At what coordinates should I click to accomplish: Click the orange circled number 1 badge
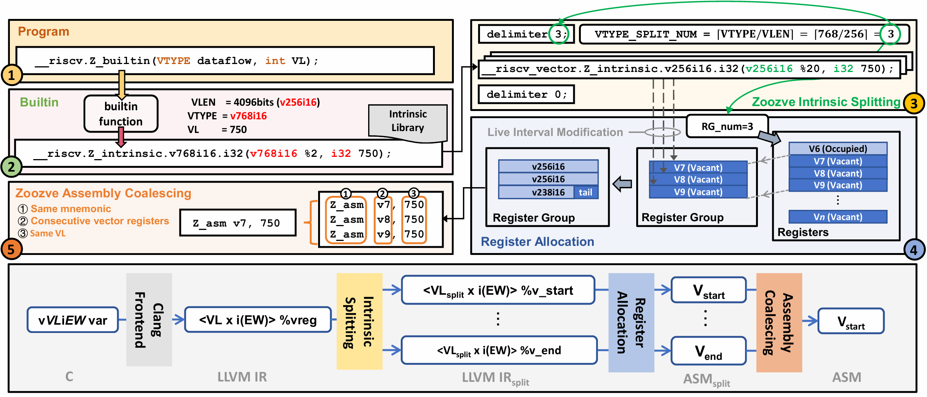(12, 75)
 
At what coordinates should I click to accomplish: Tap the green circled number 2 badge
(11, 167)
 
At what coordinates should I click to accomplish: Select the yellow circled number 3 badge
(914, 103)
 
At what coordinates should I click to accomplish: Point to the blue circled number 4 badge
(914, 250)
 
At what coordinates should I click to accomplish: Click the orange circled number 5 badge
(11, 249)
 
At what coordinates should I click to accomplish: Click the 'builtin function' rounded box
(121, 114)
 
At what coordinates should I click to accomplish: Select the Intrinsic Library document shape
(408, 122)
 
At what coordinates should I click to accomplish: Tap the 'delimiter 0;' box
(526, 94)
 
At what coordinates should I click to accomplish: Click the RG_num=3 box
(727, 126)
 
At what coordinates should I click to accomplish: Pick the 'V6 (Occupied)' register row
(838, 148)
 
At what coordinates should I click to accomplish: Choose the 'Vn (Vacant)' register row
(838, 217)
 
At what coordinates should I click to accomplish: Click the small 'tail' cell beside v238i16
(585, 192)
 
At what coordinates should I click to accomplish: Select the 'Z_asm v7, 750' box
(238, 223)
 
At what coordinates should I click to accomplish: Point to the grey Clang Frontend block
(149, 319)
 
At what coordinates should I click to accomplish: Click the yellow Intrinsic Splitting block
(359, 321)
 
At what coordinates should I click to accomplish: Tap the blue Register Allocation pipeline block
(631, 322)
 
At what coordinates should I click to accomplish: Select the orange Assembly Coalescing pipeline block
(779, 322)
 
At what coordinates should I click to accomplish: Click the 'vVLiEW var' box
(73, 320)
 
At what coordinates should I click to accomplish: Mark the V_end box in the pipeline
(708, 351)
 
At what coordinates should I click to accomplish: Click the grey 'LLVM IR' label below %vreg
(242, 377)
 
